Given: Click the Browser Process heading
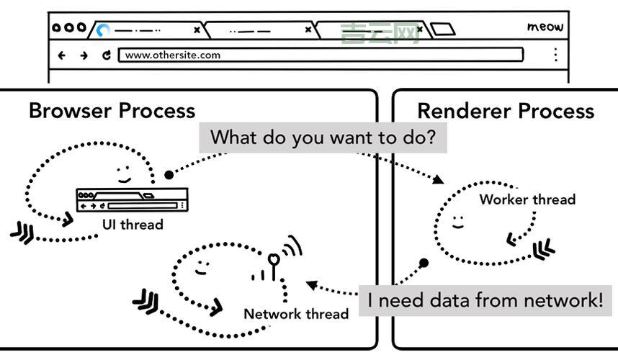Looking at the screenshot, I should [112, 111].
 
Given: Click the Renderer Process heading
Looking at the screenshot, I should [506, 111].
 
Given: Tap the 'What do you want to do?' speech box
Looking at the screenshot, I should [323, 137].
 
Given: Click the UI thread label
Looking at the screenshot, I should [133, 225].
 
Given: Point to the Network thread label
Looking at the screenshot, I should [296, 314].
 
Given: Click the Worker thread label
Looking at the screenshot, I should [527, 199].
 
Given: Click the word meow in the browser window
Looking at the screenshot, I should [545, 27].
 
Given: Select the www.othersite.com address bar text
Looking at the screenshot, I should [173, 55].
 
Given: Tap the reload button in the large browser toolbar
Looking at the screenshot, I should [107, 55].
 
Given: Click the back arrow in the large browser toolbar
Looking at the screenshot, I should [62, 55].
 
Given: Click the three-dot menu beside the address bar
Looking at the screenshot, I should [555, 55].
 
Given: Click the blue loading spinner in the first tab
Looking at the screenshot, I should [104, 30].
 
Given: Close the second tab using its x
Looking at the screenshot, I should [308, 30].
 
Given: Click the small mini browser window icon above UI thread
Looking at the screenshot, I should [132, 199].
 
